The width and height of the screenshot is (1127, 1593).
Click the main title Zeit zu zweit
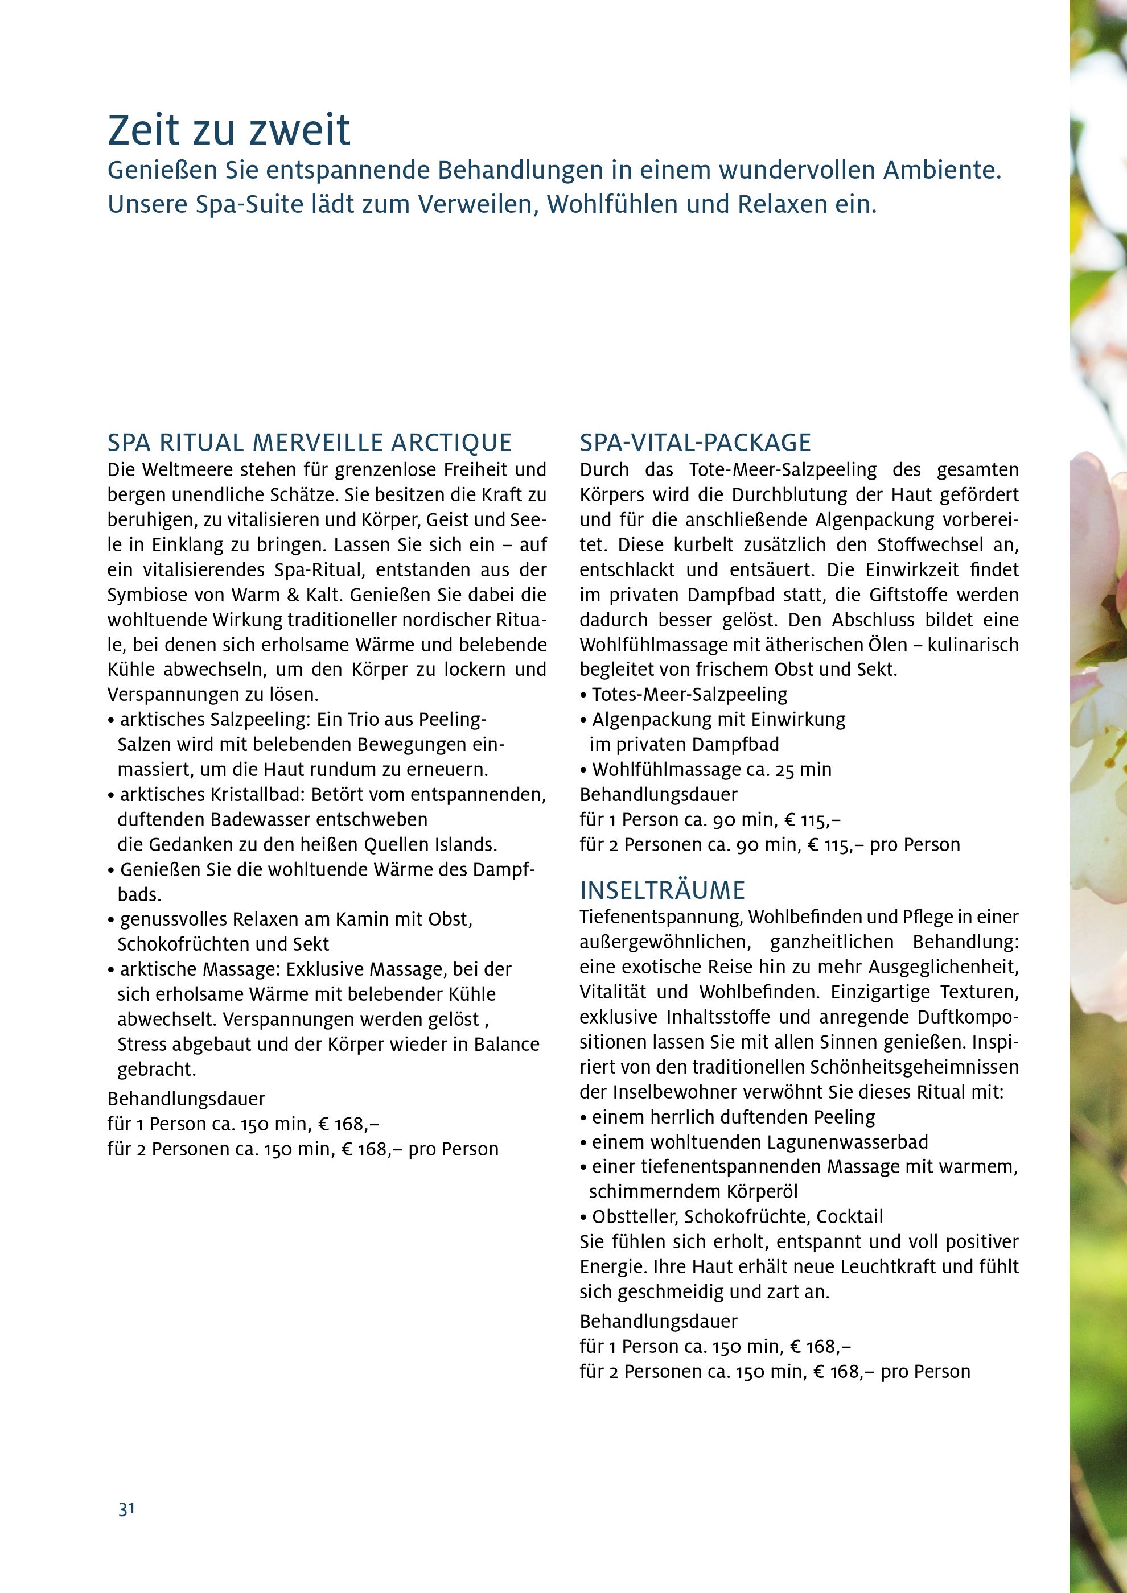tap(229, 130)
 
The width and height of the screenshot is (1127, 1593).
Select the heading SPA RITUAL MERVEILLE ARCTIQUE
tap(310, 443)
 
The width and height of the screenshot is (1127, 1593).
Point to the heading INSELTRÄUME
tap(662, 890)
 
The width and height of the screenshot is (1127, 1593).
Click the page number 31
tap(126, 1509)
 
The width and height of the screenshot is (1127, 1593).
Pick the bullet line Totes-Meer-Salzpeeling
tap(689, 695)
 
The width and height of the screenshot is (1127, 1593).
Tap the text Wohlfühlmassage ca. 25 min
tap(710, 769)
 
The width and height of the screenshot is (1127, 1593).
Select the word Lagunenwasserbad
tap(848, 1141)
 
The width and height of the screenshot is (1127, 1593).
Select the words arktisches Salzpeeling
tap(213, 720)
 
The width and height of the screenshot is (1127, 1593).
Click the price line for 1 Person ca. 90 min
tap(710, 819)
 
